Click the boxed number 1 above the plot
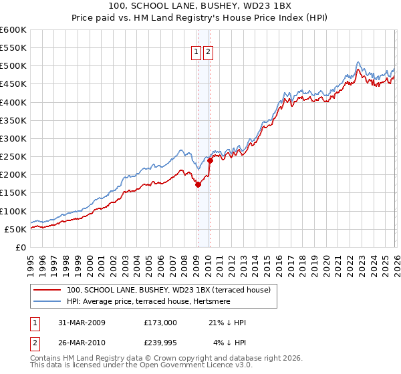(197, 53)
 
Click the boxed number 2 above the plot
(209, 53)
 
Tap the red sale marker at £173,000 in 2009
(198, 185)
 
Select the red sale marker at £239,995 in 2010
(210, 160)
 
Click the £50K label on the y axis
(16, 229)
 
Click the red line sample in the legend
(46, 291)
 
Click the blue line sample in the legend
(46, 302)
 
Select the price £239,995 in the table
(160, 344)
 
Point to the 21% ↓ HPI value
(227, 323)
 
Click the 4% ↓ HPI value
(229, 344)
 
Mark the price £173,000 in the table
(160, 323)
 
